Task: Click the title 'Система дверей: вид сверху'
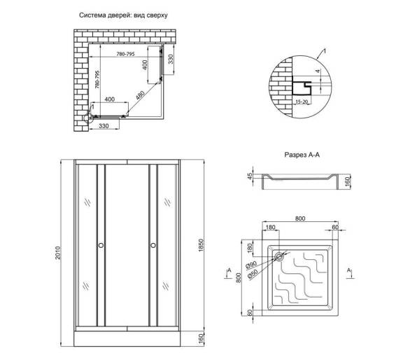coord(123,15)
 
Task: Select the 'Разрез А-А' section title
coord(302,155)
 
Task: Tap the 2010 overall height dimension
coord(58,253)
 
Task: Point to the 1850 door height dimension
coord(201,245)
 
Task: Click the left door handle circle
coord(101,245)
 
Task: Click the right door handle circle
coord(153,245)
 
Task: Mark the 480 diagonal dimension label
coord(140,95)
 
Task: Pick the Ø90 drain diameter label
coord(251,265)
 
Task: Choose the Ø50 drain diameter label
coord(253,273)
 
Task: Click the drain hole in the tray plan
coord(279,256)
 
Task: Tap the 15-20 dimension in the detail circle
coord(302,102)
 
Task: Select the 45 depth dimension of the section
coord(250,176)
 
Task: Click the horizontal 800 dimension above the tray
coord(300,219)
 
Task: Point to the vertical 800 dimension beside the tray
coord(238,277)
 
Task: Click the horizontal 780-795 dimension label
coord(125,54)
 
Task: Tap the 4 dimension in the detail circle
coord(318,71)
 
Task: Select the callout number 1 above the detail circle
coord(325,51)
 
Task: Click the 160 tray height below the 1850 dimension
coord(201,339)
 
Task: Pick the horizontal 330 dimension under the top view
coord(104,126)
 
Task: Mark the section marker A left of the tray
coord(229,270)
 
